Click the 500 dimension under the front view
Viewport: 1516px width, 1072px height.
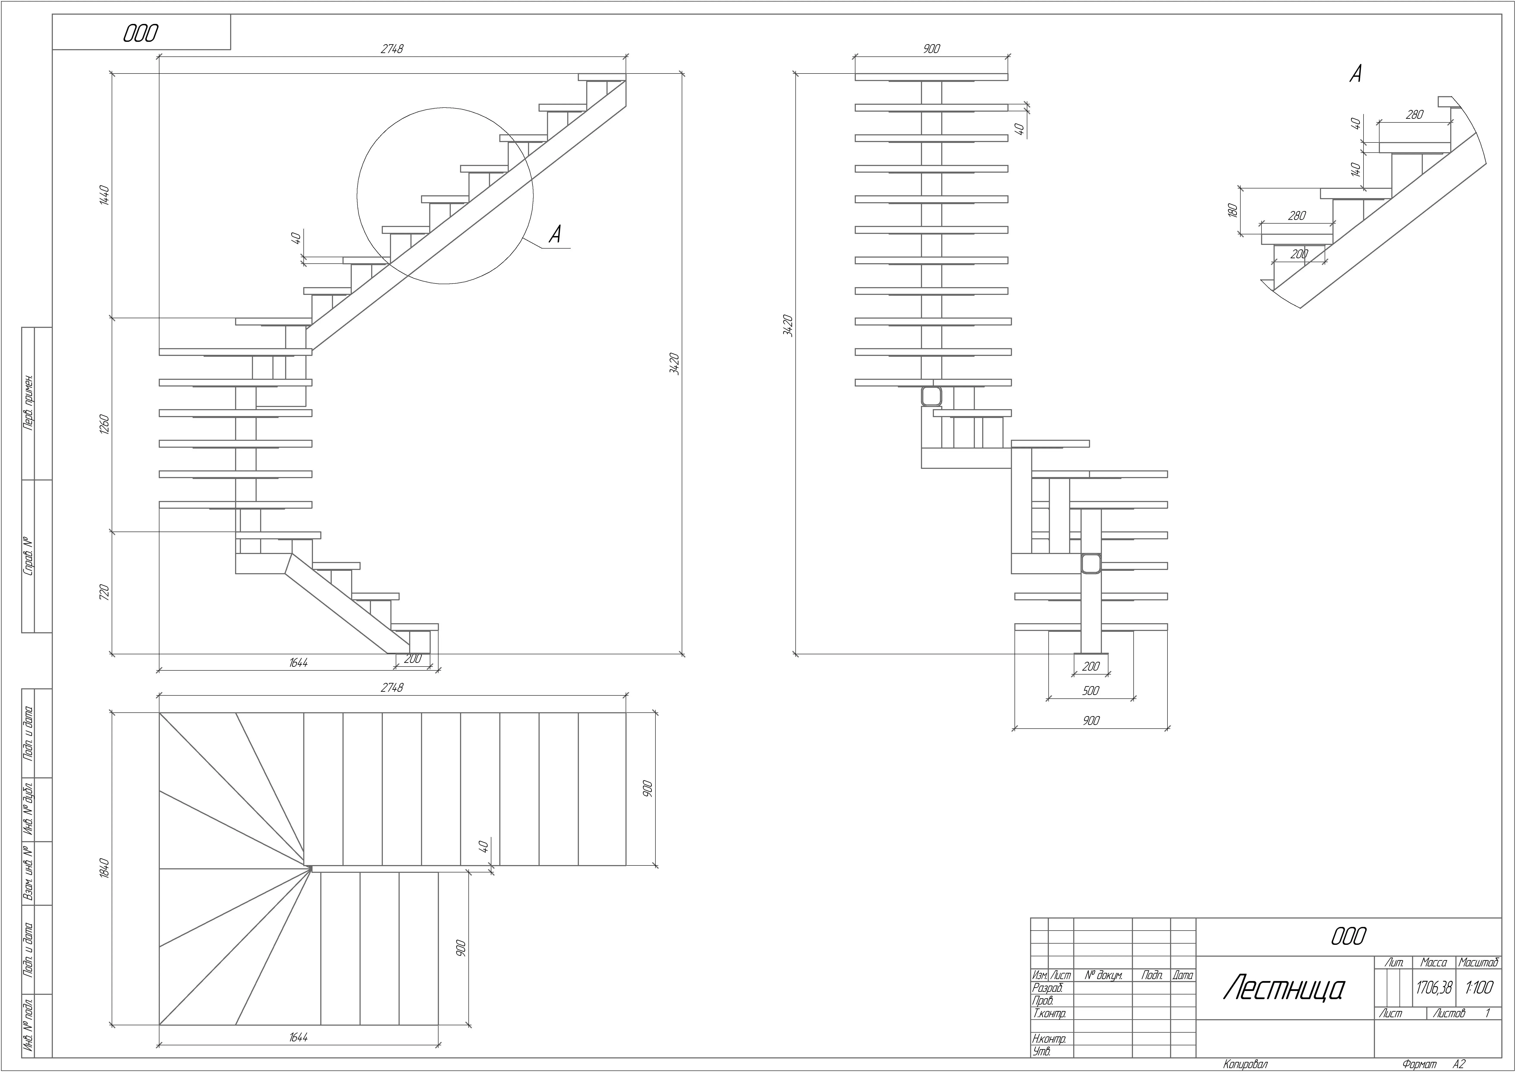tap(1091, 690)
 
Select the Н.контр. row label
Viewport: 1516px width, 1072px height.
tap(1049, 1039)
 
